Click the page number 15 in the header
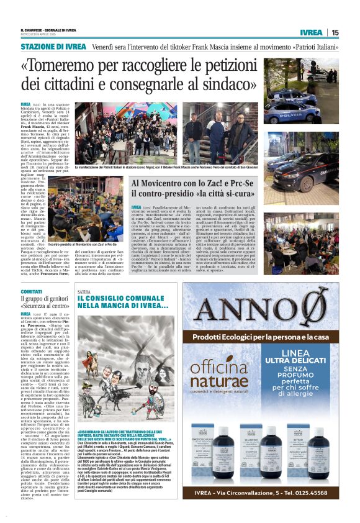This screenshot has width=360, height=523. coord(335,32)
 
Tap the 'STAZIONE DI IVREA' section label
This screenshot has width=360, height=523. coord(54,47)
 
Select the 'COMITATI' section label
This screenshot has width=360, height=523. coord(31,291)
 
